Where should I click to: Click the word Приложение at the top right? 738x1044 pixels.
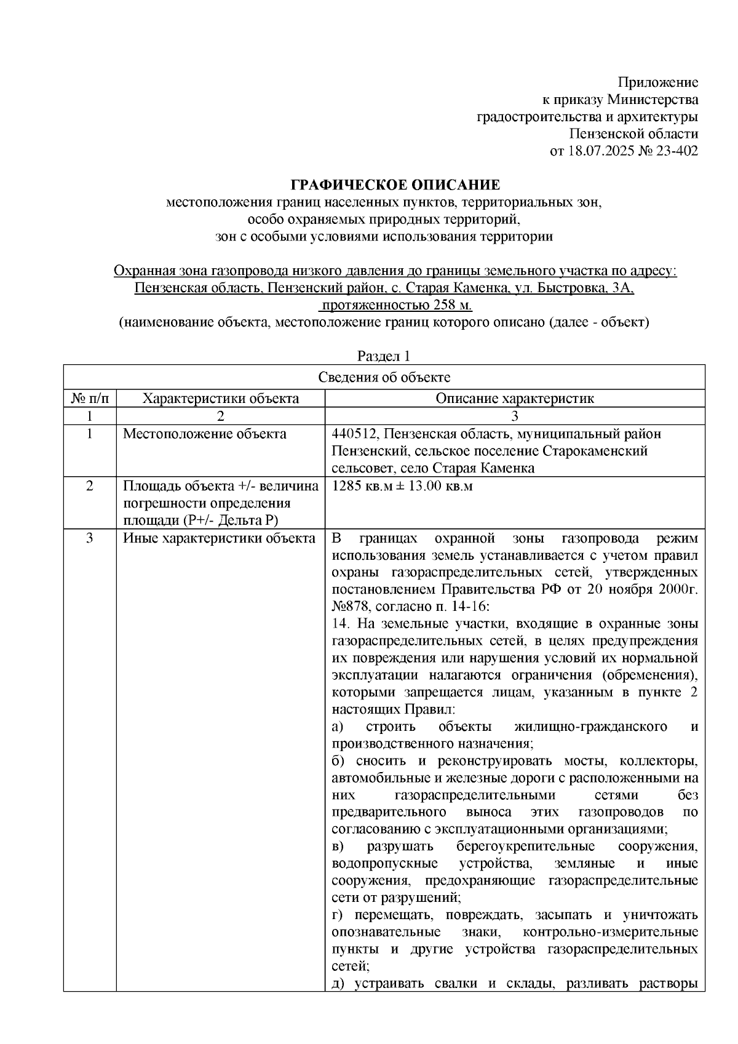click(658, 82)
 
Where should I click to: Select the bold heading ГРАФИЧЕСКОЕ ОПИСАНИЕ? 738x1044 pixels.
click(395, 185)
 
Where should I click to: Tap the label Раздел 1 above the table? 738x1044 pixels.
click(384, 356)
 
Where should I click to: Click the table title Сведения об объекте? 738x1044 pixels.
click(384, 377)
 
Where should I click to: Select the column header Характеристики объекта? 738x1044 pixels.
click(220, 398)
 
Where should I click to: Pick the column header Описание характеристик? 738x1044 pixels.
click(514, 398)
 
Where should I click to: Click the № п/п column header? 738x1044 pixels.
click(90, 398)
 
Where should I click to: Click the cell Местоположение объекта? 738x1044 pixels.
click(205, 434)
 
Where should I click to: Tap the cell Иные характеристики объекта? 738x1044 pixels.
click(219, 538)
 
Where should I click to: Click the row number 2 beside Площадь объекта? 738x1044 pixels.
click(90, 486)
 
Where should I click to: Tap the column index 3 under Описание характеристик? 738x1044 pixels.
click(514, 416)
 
